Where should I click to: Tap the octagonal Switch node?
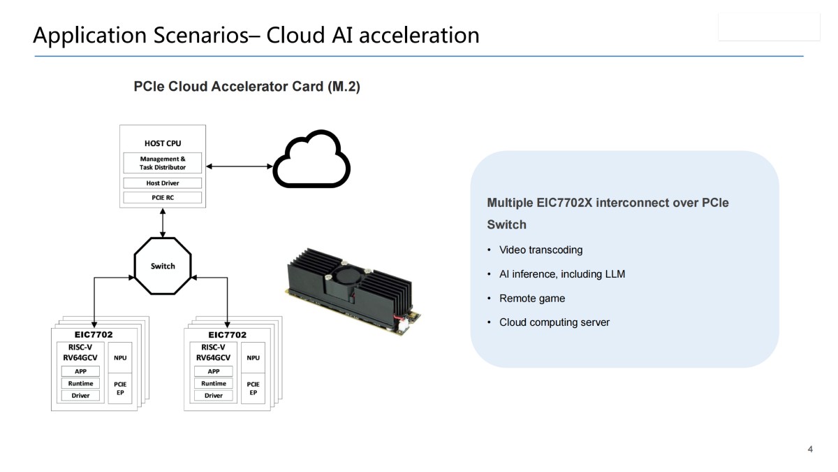[x=163, y=266]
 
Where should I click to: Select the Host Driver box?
[x=163, y=183]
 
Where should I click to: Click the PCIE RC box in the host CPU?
[x=163, y=197]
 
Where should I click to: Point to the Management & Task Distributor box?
[x=163, y=163]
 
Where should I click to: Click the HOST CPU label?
[x=163, y=143]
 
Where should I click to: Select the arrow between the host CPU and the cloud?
[x=238, y=166]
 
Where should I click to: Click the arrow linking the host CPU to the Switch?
[x=163, y=223]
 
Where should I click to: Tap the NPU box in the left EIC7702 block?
[x=120, y=358]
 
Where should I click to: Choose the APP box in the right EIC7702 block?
[x=214, y=371]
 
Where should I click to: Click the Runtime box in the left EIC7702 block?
[x=81, y=383]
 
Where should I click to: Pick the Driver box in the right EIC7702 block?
[x=214, y=396]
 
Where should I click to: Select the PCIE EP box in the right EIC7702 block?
[x=253, y=388]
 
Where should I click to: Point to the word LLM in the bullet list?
[x=615, y=274]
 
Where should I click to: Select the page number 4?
[x=810, y=449]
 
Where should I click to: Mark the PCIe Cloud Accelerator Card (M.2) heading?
[x=247, y=87]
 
